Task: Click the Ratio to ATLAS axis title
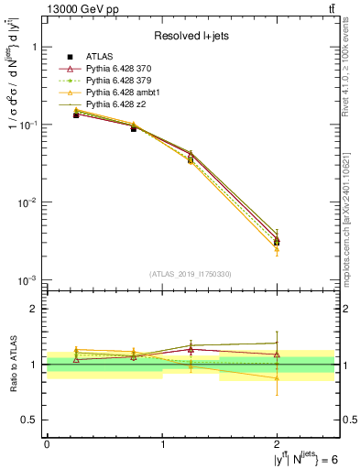(12, 365)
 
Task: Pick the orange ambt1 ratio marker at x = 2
(277, 377)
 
